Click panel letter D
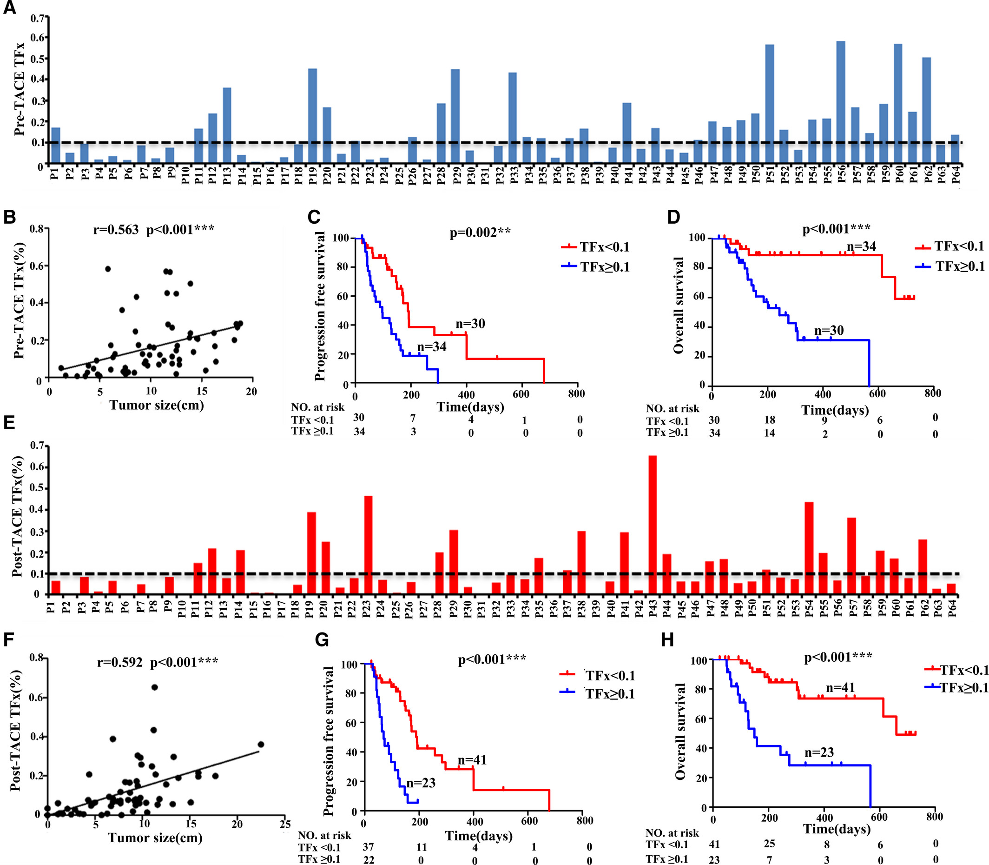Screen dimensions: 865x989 673,217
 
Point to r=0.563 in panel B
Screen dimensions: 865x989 116,229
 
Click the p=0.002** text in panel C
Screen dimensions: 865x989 480,233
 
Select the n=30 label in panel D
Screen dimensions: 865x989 829,331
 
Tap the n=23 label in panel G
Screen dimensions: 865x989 421,783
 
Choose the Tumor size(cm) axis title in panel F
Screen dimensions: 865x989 155,838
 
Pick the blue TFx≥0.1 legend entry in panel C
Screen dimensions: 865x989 595,267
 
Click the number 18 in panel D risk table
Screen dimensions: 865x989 769,419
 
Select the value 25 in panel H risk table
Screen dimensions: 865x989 769,843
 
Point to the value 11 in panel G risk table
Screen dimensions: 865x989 421,847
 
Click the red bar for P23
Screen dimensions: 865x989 368,545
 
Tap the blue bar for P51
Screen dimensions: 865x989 770,104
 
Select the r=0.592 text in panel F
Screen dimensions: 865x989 119,662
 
